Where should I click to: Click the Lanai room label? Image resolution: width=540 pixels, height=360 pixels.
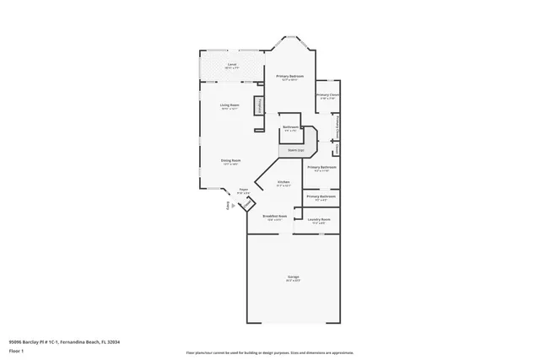[231, 65]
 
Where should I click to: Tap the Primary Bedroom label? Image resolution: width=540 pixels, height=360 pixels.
[290, 78]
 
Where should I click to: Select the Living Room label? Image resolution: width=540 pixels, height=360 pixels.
[230, 106]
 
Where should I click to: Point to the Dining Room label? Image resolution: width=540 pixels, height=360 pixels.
[231, 162]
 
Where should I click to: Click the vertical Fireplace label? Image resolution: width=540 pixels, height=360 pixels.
[260, 105]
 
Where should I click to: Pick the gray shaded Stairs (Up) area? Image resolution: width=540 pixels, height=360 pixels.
[296, 149]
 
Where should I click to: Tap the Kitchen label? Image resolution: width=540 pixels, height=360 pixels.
[283, 183]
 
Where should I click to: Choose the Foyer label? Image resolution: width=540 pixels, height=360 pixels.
[244, 191]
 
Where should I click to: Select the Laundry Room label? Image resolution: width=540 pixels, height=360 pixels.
[319, 220]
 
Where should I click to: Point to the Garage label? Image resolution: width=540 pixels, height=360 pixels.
[293, 277]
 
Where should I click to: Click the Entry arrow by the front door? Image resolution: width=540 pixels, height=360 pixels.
[226, 206]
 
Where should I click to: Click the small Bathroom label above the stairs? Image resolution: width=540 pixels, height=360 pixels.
[290, 128]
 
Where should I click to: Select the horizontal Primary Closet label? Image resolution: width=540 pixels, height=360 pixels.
[328, 96]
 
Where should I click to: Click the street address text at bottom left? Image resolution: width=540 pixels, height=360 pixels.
[64, 342]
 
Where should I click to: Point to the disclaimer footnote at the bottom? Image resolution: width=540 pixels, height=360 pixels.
[270, 352]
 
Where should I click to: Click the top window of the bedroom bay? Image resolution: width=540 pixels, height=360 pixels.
[291, 37]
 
